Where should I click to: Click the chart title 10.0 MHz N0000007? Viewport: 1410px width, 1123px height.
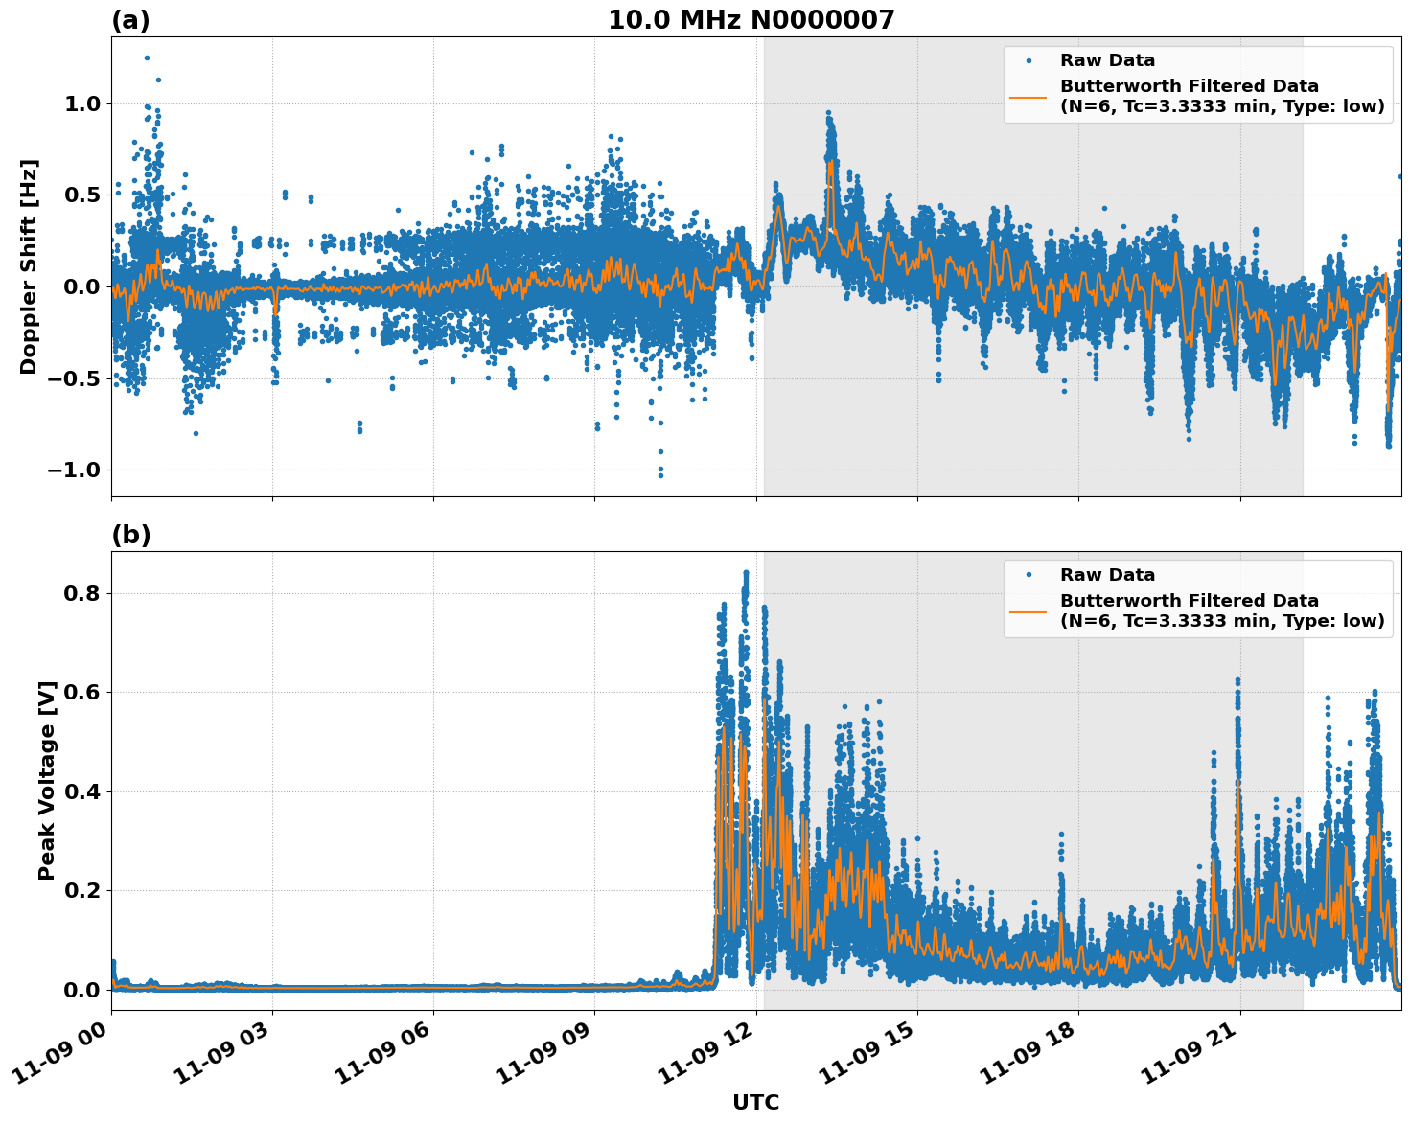tap(751, 20)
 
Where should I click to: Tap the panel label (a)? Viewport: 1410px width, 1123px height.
tap(130, 20)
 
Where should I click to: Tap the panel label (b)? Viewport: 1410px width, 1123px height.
tap(130, 535)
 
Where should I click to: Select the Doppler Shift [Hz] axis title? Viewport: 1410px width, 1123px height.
tap(29, 266)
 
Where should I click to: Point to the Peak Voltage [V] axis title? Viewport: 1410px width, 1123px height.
tap(47, 780)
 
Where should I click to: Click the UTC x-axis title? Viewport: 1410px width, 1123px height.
tap(755, 1103)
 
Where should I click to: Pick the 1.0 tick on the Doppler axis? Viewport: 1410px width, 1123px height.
tap(83, 103)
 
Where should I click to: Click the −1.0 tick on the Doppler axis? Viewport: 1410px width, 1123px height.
tap(76, 470)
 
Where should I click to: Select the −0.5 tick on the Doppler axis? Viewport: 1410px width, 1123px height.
tap(76, 378)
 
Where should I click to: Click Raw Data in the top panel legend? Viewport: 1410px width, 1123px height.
tap(1107, 60)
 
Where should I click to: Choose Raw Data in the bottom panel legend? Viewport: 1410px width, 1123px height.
tap(1107, 575)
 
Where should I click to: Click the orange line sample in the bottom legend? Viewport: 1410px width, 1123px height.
tap(1029, 610)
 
